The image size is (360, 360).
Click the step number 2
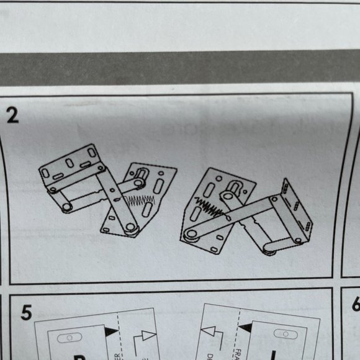tap(13, 115)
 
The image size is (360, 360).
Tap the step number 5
tap(25, 312)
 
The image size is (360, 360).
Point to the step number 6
tap(356, 305)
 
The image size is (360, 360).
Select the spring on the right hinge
tap(207, 208)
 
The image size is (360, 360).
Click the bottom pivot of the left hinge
tap(130, 228)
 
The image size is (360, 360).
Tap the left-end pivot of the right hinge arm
tap(190, 235)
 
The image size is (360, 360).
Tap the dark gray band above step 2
tap(180, 66)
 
